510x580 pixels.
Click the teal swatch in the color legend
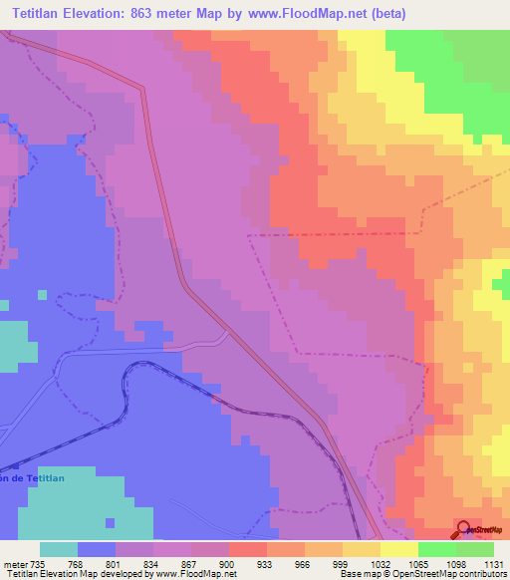click(59, 549)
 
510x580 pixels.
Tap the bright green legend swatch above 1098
click(437, 549)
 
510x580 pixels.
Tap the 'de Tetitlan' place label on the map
click(40, 478)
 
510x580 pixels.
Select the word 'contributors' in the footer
click(481, 574)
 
